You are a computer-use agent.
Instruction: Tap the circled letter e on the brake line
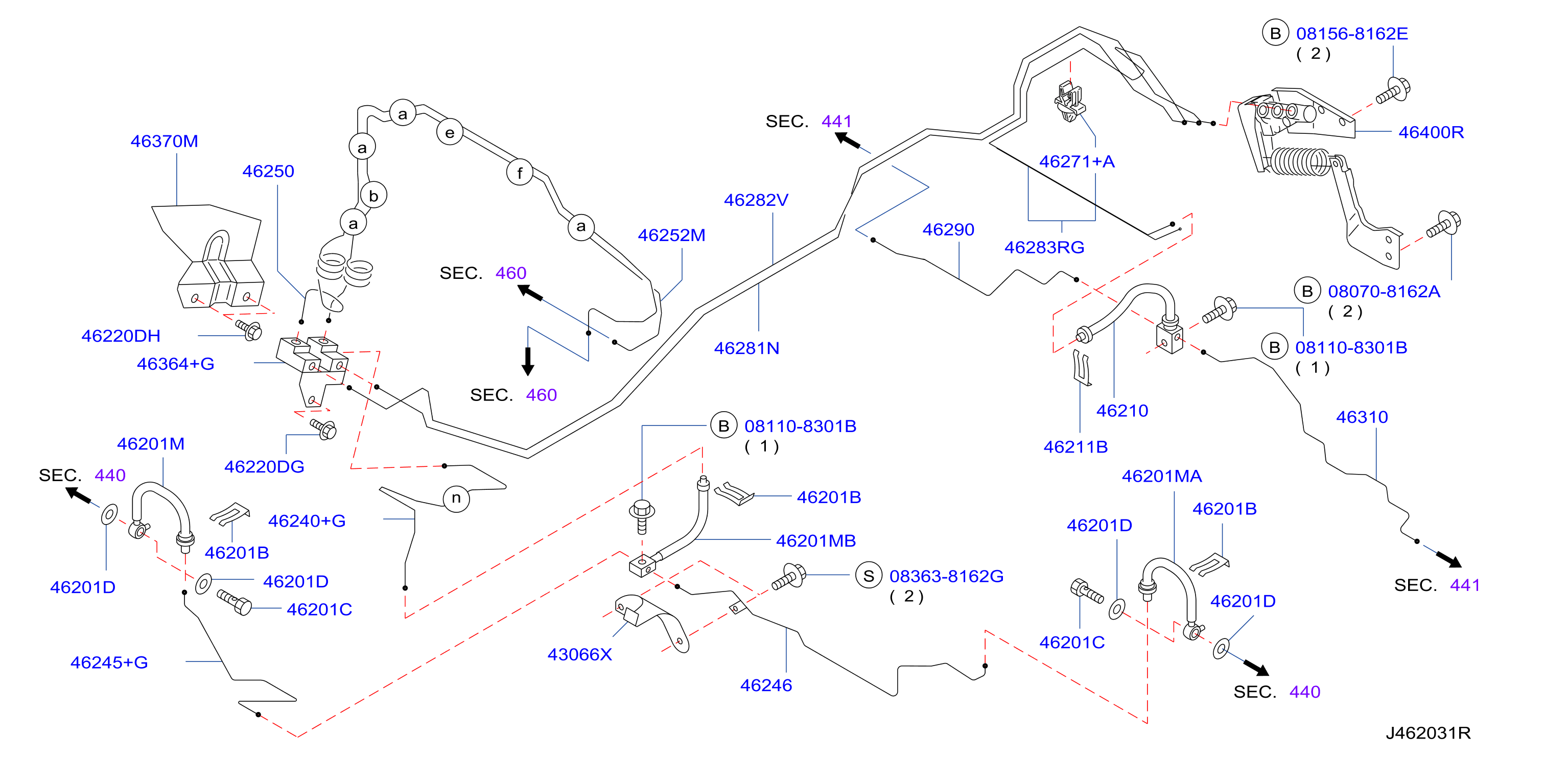(x=450, y=132)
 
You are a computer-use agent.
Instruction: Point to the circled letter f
(x=520, y=173)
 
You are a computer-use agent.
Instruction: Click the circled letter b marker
(x=373, y=195)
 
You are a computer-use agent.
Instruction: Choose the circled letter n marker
(x=456, y=498)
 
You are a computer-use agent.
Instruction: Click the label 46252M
(x=671, y=235)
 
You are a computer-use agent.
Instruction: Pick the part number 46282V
(x=756, y=200)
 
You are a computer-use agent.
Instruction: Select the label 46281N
(x=747, y=348)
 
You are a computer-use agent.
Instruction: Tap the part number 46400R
(x=1431, y=132)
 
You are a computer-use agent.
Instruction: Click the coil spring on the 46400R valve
(x=1298, y=162)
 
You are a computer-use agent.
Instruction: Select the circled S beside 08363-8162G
(x=868, y=576)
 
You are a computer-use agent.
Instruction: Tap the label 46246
(x=766, y=685)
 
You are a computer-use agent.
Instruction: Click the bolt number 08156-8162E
(x=1351, y=34)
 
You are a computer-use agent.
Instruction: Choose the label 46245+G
(x=109, y=662)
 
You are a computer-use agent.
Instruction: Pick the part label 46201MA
(x=1162, y=477)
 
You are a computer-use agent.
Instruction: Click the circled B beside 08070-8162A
(x=1307, y=291)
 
